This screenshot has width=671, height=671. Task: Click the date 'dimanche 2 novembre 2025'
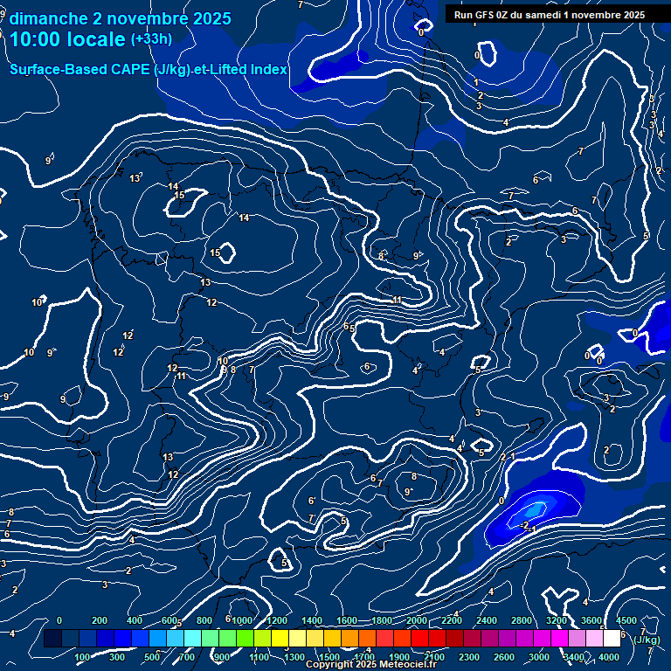(121, 18)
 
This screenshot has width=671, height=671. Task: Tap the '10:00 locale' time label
(67, 39)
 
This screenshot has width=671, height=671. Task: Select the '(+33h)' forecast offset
(150, 39)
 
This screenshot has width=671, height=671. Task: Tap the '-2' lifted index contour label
(525, 524)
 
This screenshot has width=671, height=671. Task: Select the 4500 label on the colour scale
(626, 620)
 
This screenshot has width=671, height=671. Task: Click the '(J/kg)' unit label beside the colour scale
(647, 640)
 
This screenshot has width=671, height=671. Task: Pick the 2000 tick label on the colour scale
(416, 620)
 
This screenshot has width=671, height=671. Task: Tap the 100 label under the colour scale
(83, 657)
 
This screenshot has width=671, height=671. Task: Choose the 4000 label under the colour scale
(611, 657)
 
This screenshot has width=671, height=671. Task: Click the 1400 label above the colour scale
(311, 620)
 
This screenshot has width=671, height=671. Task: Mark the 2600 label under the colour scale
(505, 657)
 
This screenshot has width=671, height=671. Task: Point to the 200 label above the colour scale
(100, 620)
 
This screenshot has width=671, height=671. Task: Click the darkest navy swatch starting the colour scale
(52, 639)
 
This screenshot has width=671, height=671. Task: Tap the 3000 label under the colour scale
(540, 657)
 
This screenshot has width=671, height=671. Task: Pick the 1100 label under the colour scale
(259, 657)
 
